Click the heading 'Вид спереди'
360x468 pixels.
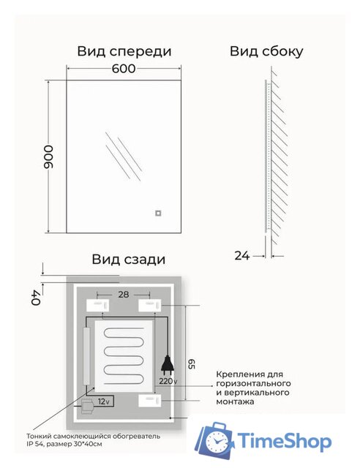pos(124,51)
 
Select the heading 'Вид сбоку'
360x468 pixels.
pos(266,51)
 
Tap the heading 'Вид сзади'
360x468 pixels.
pos(128,259)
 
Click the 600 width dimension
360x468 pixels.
pos(124,69)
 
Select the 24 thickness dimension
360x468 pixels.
pos(242,255)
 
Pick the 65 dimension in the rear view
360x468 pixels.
pos(192,363)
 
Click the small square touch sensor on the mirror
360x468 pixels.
pos(156,214)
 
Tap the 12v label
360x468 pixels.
pos(104,401)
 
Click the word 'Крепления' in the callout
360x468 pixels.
pos(236,374)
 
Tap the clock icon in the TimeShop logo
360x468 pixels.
pos(216,442)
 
